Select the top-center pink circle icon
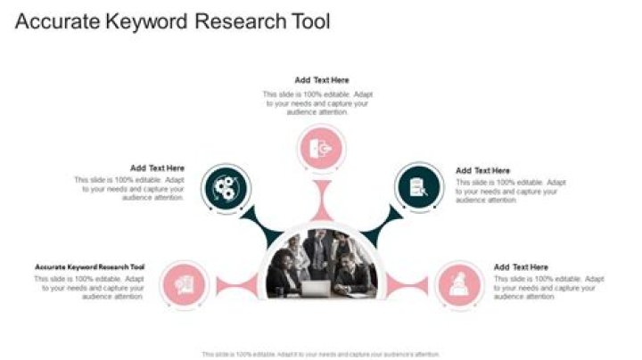[x=322, y=149]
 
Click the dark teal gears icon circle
[x=226, y=188]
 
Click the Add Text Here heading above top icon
[x=322, y=80]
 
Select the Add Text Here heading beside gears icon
[x=157, y=168]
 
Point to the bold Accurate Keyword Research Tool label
[x=89, y=266]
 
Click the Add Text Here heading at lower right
[x=521, y=266]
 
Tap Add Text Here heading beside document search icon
[x=483, y=170]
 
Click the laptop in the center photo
[x=314, y=288]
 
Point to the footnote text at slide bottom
[x=321, y=354]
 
